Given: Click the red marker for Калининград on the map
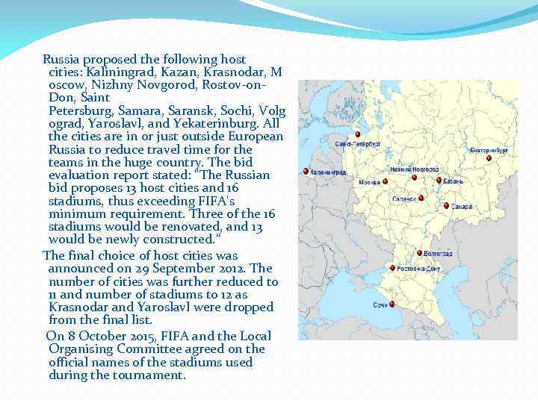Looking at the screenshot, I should click(306, 171).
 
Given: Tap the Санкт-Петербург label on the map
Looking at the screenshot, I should click(359, 142).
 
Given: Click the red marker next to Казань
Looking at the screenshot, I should click(439, 180).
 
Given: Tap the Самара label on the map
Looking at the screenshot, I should click(462, 207).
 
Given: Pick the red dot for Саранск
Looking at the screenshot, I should click(421, 198).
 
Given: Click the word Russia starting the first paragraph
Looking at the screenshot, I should click(62, 59).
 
